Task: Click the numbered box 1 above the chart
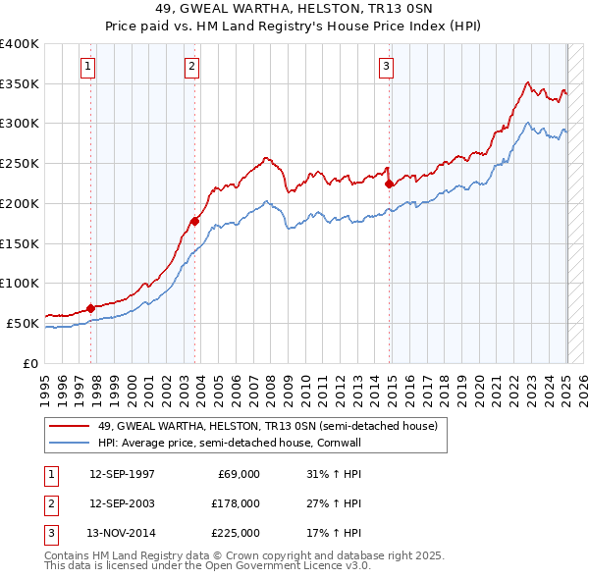(x=87, y=67)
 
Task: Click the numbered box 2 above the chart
(x=190, y=67)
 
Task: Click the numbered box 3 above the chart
(x=386, y=67)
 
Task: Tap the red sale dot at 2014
(x=390, y=184)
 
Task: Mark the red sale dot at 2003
(x=195, y=221)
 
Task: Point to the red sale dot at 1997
(x=91, y=308)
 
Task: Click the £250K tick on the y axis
(x=19, y=163)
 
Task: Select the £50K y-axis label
(x=23, y=323)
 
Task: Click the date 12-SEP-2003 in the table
(x=121, y=503)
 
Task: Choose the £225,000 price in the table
(x=235, y=533)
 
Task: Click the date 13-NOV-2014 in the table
(x=121, y=533)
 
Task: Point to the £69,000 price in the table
(x=239, y=474)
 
